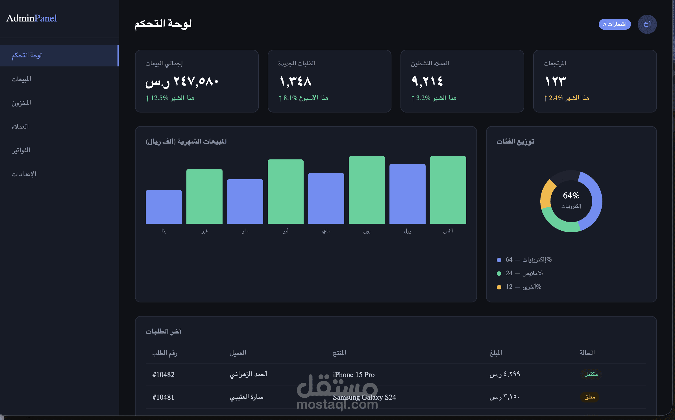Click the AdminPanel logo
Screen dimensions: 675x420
[x=32, y=18]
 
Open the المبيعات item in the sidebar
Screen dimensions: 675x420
[x=21, y=79]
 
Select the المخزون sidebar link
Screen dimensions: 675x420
[x=21, y=103]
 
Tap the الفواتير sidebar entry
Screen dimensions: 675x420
[x=21, y=150]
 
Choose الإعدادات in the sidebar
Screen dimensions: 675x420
[x=24, y=174]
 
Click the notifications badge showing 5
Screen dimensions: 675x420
[x=615, y=24]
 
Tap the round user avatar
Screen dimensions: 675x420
[x=647, y=24]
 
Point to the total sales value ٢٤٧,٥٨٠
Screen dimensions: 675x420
[x=196, y=82]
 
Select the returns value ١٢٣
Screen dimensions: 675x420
[x=556, y=82]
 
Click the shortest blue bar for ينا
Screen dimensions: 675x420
[x=164, y=207]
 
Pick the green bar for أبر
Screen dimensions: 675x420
[x=286, y=192]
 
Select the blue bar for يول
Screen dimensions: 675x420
[x=408, y=194]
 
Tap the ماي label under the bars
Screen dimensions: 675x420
[x=326, y=231]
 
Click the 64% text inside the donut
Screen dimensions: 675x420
[x=571, y=195]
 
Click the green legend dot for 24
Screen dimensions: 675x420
[x=499, y=274]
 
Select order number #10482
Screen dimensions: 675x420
[x=163, y=375]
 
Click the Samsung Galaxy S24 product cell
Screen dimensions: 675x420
[x=364, y=397]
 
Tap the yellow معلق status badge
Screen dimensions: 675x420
[x=590, y=397]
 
